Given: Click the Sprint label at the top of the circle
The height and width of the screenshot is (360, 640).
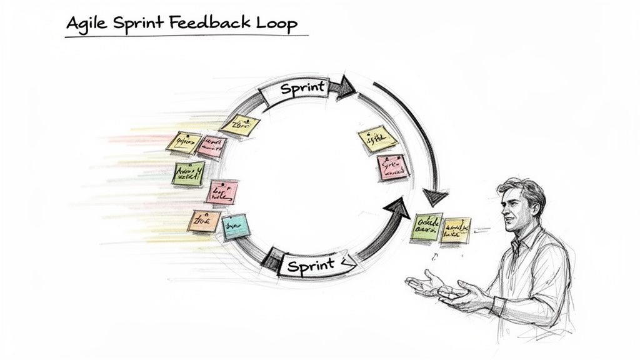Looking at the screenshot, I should click(x=303, y=89).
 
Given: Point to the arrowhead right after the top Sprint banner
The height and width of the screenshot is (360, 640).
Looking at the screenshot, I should click(x=344, y=87).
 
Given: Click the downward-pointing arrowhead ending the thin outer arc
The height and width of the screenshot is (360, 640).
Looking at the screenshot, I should click(x=436, y=197).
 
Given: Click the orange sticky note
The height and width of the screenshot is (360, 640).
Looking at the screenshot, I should click(x=204, y=221).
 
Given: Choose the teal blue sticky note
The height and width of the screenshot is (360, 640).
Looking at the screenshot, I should click(x=236, y=226).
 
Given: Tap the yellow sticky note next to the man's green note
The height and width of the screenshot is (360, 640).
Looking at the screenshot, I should click(x=456, y=230).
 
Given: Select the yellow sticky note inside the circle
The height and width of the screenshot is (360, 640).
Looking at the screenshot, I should click(x=377, y=139).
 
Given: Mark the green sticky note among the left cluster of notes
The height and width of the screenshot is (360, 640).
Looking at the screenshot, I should click(x=188, y=173).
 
